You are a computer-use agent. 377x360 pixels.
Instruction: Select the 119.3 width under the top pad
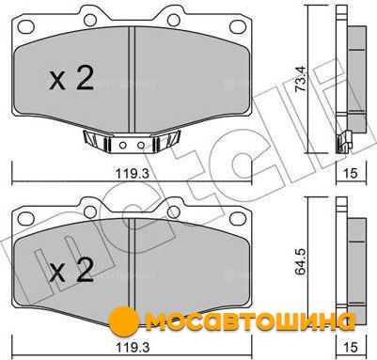tap(133, 173)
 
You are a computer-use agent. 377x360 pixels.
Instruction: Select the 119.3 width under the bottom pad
tap(133, 346)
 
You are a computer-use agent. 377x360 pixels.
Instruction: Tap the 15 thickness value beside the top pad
tap(351, 173)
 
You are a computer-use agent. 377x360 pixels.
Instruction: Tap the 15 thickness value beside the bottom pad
tap(351, 346)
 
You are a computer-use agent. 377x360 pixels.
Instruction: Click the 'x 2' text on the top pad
tap(71, 80)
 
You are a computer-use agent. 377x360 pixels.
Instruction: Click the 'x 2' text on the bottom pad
tap(71, 270)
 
